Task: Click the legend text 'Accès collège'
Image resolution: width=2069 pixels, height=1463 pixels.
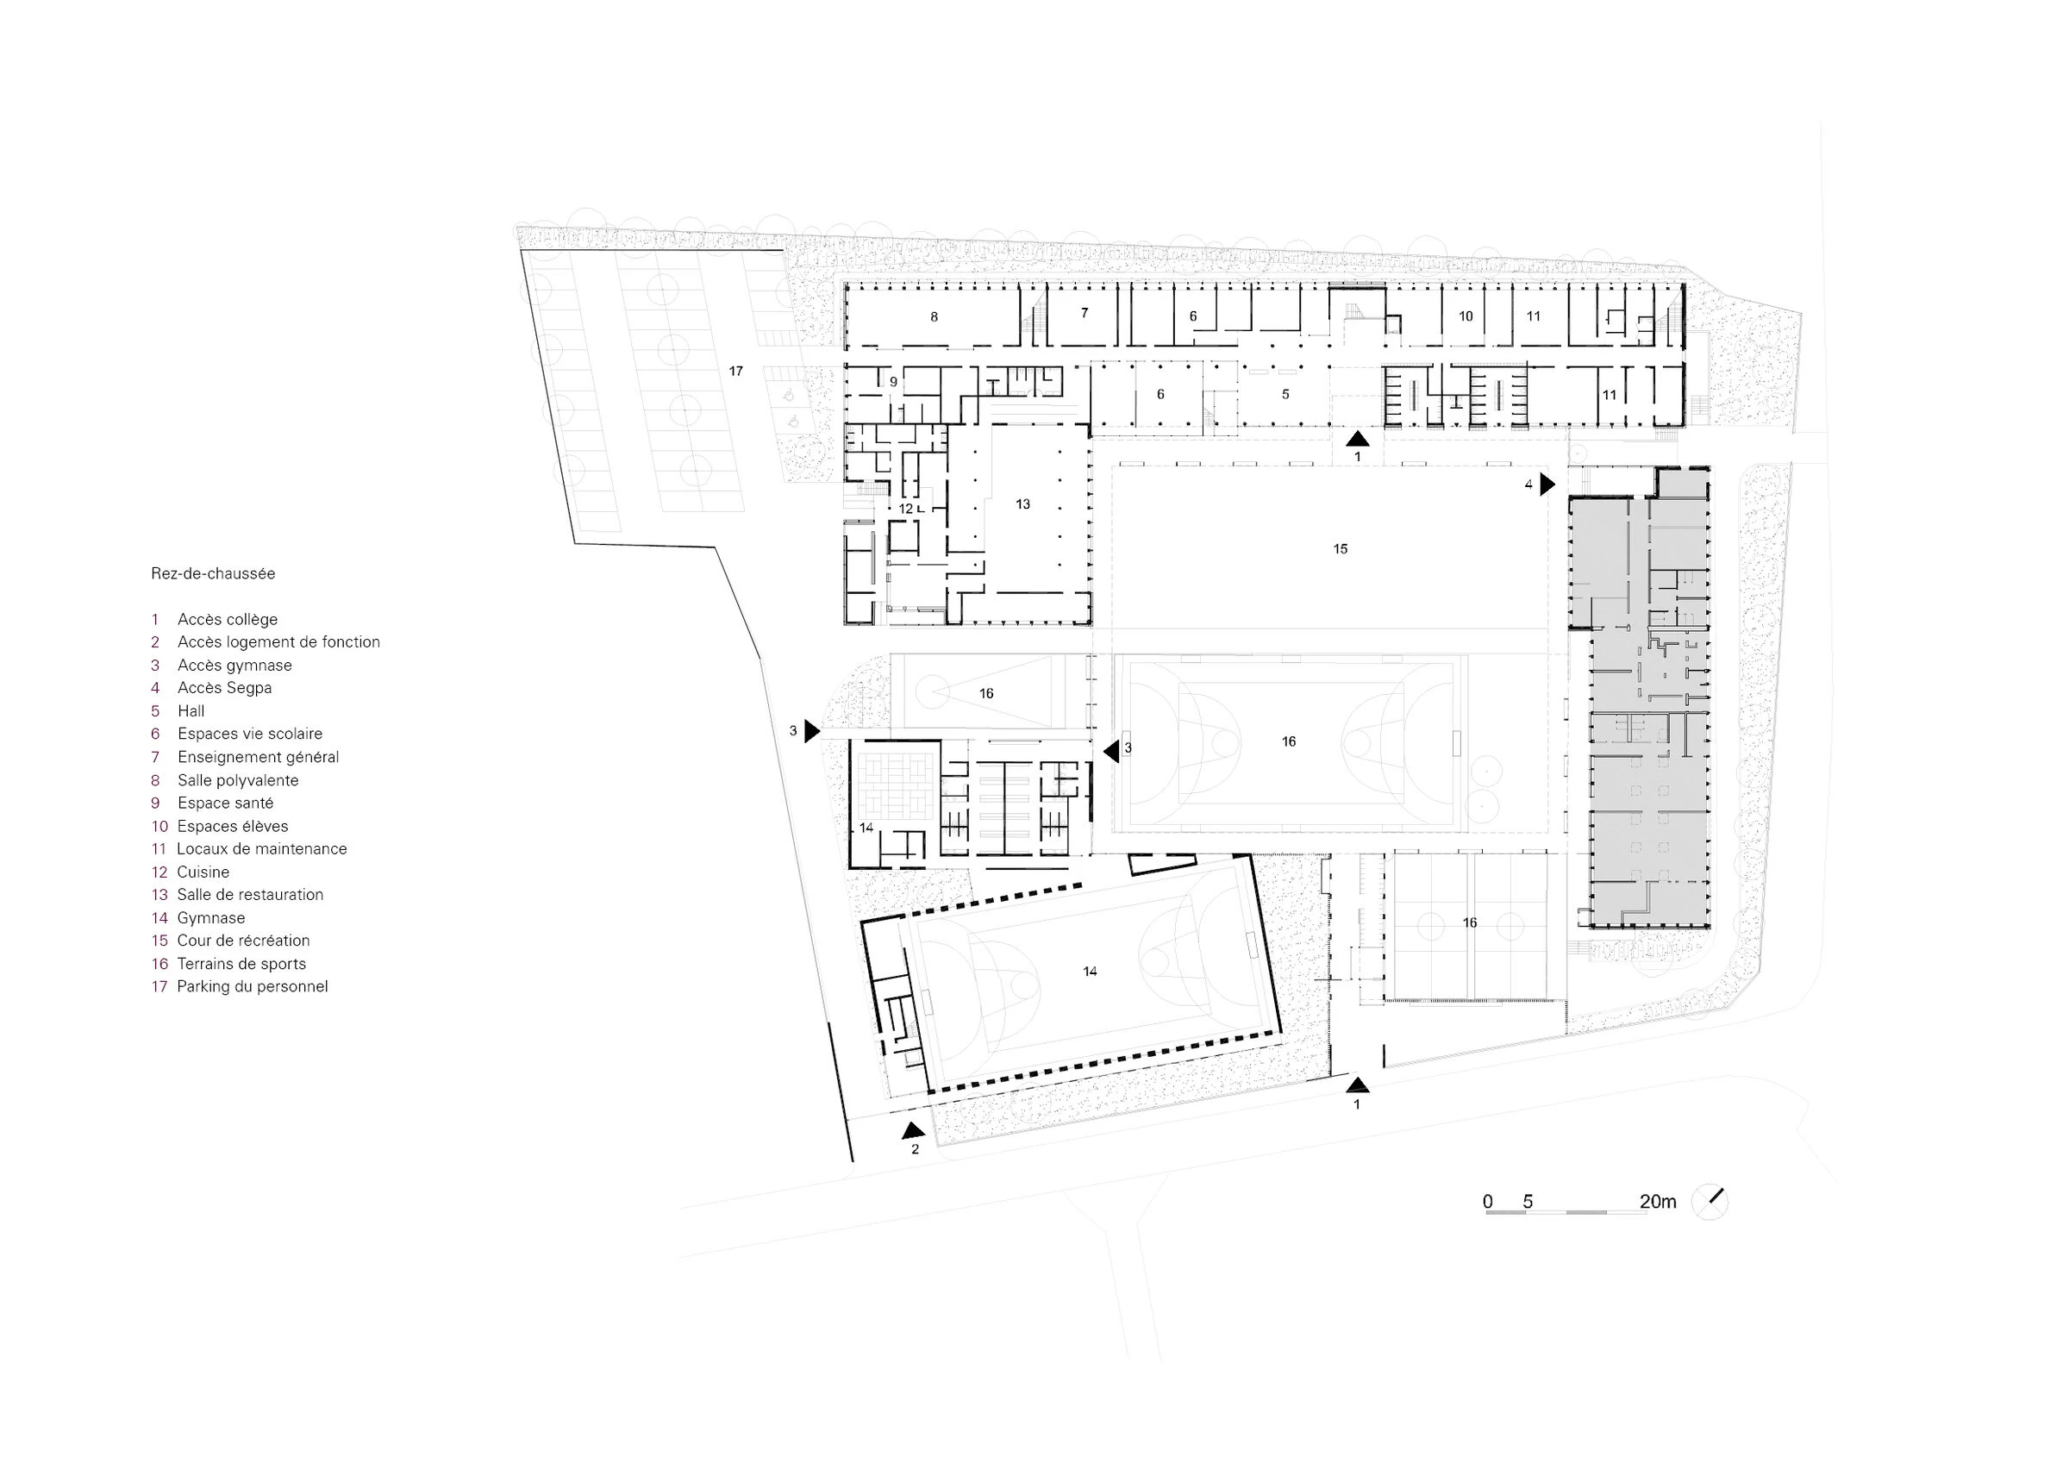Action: (x=227, y=619)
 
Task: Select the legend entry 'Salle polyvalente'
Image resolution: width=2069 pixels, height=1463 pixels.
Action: (x=238, y=779)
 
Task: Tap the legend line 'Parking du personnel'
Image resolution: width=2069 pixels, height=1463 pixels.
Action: (x=253, y=986)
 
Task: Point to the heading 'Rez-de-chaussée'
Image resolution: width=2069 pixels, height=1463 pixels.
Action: (x=214, y=573)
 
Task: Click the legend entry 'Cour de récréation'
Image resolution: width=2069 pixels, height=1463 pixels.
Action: (x=243, y=941)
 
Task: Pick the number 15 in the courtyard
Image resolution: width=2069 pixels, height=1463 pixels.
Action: (x=1340, y=549)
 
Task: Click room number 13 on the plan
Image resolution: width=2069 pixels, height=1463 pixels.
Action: (x=1022, y=503)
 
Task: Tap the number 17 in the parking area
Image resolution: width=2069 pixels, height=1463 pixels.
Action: (x=736, y=372)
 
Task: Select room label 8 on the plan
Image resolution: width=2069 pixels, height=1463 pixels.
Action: (x=934, y=317)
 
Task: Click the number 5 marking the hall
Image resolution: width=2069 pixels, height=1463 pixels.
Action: (x=1286, y=394)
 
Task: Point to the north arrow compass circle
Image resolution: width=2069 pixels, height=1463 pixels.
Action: (x=1710, y=1202)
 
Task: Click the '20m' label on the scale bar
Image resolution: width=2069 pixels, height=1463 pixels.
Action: (x=1657, y=1202)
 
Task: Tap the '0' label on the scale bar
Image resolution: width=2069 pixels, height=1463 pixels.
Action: (x=1488, y=1202)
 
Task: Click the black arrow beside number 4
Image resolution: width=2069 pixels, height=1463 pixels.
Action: (x=1547, y=485)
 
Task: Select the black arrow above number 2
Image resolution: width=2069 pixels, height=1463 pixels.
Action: (x=914, y=1129)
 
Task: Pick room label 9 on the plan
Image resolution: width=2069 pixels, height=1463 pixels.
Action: (x=894, y=382)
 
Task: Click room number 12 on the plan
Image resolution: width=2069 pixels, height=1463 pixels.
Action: (x=906, y=509)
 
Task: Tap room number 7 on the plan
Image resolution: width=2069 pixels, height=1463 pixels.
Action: (x=1085, y=313)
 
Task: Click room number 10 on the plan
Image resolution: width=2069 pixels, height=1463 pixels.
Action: (x=1466, y=316)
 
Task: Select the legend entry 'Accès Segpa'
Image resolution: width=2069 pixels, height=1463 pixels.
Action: (x=224, y=688)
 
